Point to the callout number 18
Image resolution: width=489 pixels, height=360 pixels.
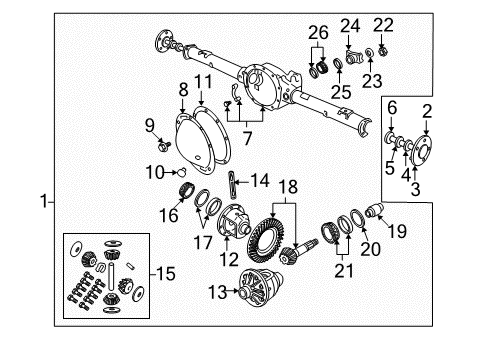click(x=289, y=186)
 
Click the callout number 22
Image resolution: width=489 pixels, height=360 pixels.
click(x=384, y=24)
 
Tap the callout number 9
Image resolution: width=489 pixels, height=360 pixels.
click(x=151, y=126)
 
